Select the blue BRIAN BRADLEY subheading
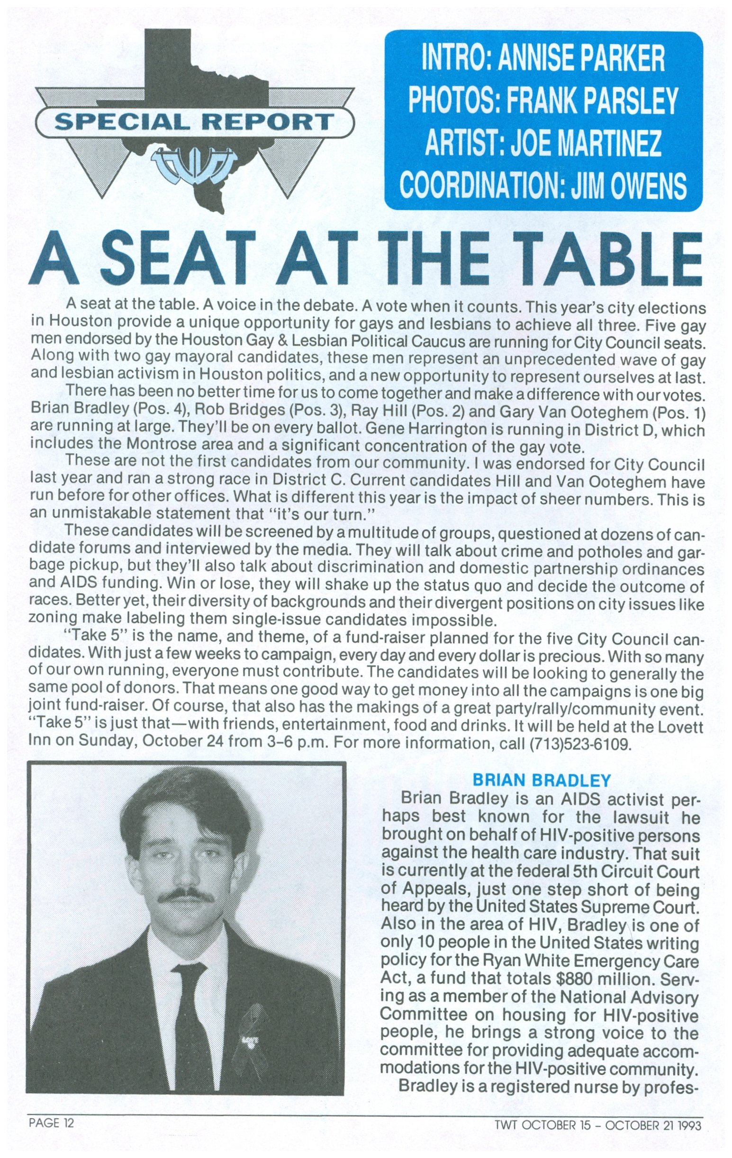pos(542,780)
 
